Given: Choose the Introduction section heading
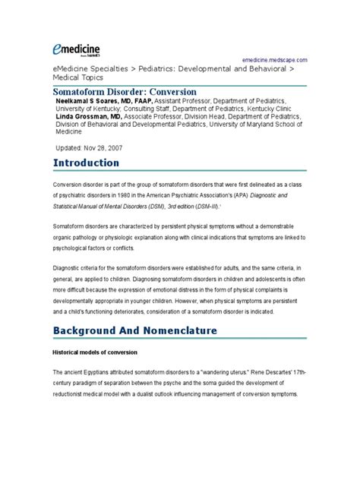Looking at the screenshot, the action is [x=86, y=163].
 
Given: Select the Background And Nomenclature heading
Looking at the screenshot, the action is [x=135, y=331].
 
